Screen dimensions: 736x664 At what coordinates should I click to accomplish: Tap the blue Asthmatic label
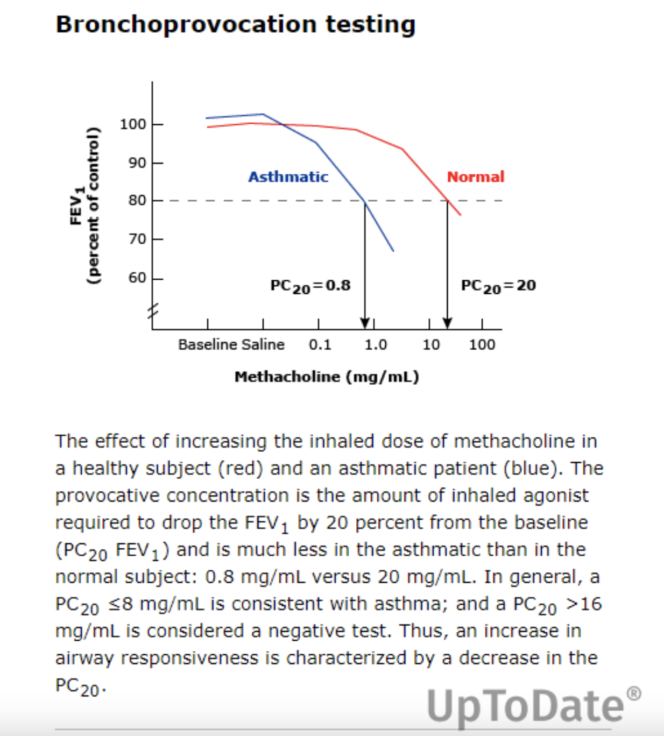pyautogui.click(x=288, y=177)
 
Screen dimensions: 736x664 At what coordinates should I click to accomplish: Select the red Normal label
pyautogui.click(x=475, y=177)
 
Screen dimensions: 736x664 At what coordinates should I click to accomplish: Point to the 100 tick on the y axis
pyautogui.click(x=133, y=124)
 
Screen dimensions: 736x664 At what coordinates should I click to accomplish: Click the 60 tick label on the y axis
pyautogui.click(x=137, y=278)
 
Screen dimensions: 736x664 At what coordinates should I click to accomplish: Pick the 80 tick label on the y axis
pyautogui.click(x=137, y=201)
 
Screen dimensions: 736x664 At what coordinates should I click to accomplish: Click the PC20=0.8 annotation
pyautogui.click(x=310, y=286)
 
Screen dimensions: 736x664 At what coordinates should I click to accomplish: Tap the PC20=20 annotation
pyautogui.click(x=498, y=286)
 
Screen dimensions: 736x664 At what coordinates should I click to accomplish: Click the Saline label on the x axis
pyautogui.click(x=263, y=344)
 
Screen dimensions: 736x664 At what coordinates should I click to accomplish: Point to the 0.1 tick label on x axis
pyautogui.click(x=320, y=344)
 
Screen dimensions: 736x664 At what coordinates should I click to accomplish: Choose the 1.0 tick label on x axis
pyautogui.click(x=376, y=344)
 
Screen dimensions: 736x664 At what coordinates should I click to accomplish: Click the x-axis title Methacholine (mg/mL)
pyautogui.click(x=327, y=377)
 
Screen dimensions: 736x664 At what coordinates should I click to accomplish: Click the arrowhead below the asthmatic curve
pyautogui.click(x=365, y=322)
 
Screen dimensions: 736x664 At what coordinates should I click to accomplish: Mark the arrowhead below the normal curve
pyautogui.click(x=447, y=322)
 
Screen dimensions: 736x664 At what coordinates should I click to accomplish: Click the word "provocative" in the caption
pyautogui.click(x=107, y=496)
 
